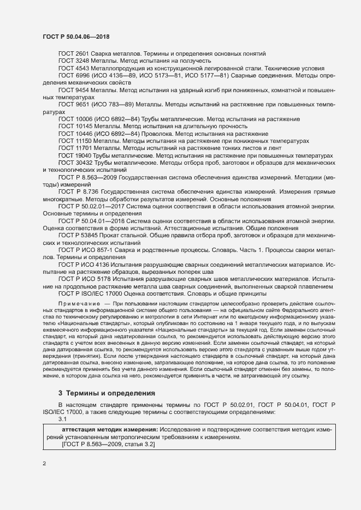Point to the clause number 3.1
(x=62, y=419)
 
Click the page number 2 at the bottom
(x=44, y=464)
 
